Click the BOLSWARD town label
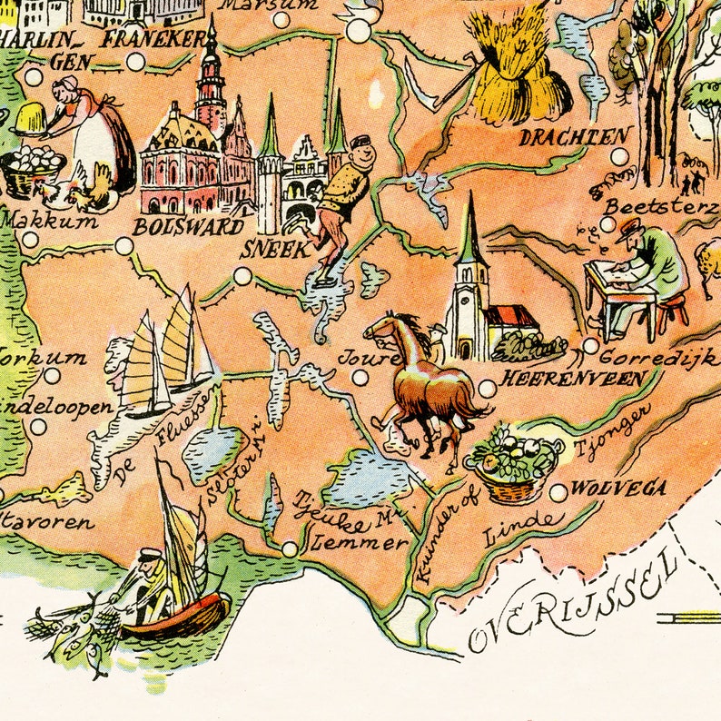189,227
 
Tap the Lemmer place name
359,543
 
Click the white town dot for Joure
360,378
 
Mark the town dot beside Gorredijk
591,346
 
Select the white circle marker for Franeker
135,62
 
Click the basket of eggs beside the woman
33,169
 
